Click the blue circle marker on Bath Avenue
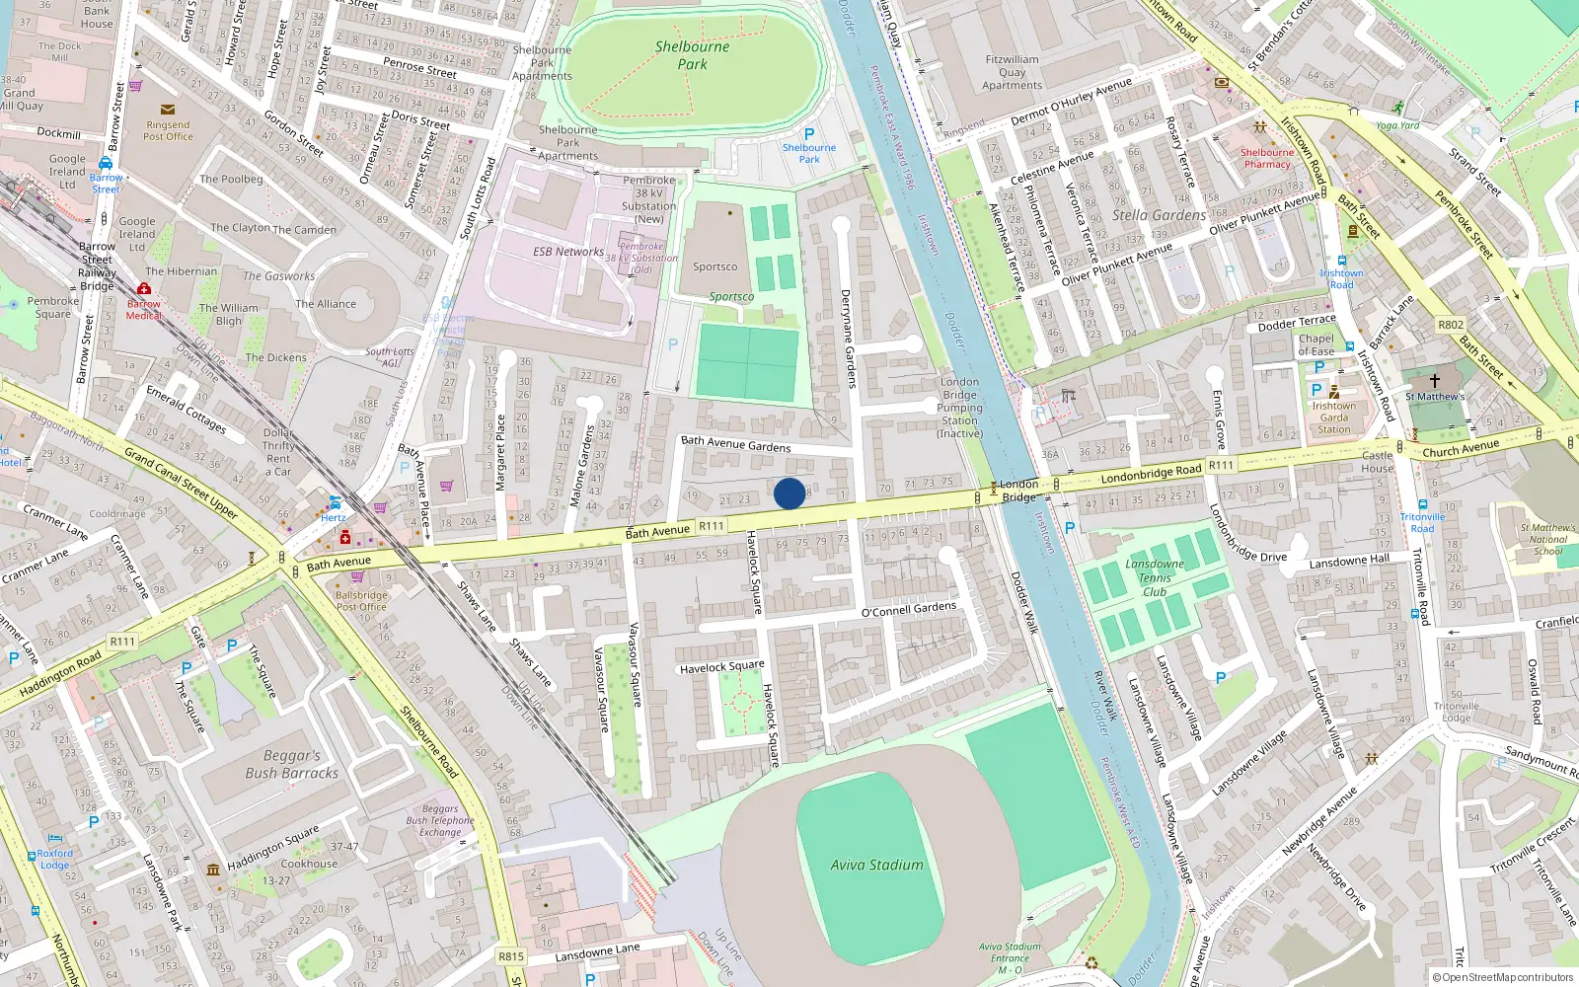789,493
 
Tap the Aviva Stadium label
876,865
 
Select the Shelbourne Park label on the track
692,55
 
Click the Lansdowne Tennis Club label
1154,578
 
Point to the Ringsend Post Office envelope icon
168,110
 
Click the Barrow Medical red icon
144,289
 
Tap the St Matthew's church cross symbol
1434,380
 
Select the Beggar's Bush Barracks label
291,764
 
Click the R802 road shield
1451,325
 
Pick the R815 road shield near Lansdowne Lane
511,956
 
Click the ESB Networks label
568,252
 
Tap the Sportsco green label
731,296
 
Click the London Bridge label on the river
1018,491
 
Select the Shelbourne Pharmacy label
1267,158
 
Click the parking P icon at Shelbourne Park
809,134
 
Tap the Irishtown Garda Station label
1333,418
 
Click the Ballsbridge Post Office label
361,601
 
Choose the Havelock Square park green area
740,704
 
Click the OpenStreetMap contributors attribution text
1502,977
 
